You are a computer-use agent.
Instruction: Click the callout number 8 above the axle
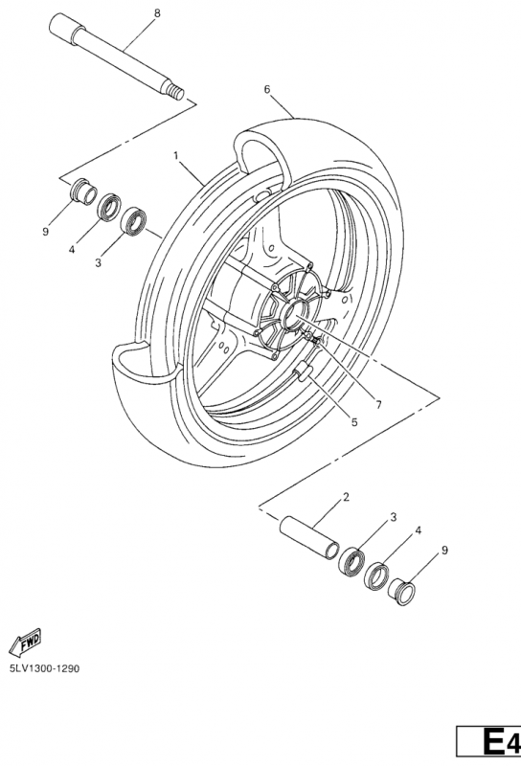157,12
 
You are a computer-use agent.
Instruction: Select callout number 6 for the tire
267,89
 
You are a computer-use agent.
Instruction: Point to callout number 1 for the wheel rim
176,154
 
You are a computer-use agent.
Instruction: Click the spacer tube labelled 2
308,535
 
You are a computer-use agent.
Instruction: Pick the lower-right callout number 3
393,517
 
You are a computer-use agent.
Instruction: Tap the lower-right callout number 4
418,529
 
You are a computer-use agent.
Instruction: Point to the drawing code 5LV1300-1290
44,667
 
